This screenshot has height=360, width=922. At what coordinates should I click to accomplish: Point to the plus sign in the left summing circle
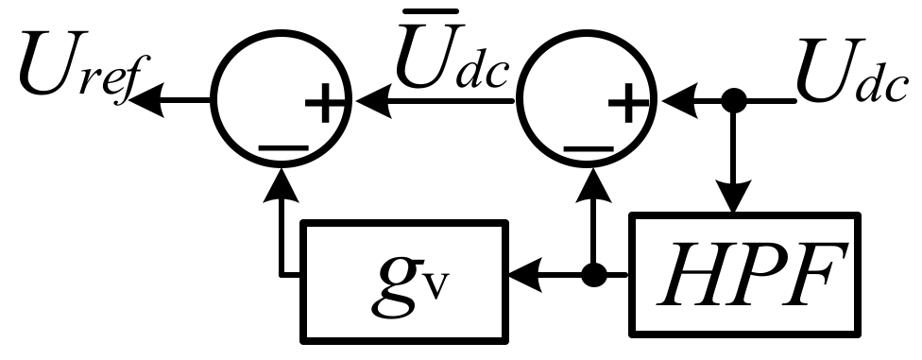coord(323,107)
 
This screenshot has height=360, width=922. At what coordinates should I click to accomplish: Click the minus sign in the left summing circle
coord(282,148)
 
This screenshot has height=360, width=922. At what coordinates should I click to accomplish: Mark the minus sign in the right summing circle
coord(590,148)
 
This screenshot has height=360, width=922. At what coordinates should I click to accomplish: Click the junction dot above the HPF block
coord(731,97)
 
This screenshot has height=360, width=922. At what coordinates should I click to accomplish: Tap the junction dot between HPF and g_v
coord(592,276)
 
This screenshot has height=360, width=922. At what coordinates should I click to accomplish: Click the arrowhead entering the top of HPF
coord(731,201)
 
